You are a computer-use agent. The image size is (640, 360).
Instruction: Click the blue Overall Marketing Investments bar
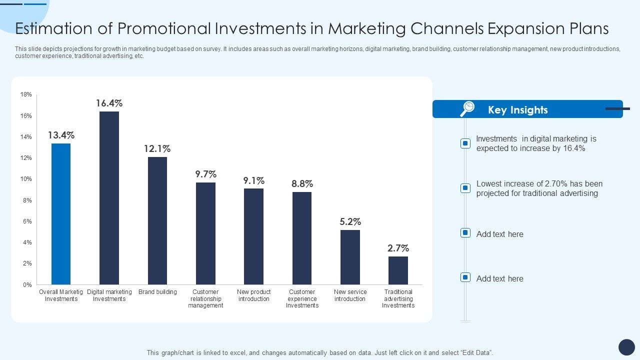tap(61, 214)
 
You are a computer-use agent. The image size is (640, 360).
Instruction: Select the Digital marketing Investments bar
tap(109, 198)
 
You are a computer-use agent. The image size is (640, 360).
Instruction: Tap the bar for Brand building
tap(157, 220)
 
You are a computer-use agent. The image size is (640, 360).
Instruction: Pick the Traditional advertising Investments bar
tap(398, 270)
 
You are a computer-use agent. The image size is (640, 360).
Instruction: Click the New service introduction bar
tap(350, 257)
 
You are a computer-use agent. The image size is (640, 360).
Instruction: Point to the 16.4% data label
tap(109, 103)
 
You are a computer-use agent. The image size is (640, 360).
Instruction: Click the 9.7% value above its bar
tap(205, 174)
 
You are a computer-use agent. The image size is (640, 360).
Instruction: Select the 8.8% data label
tap(302, 184)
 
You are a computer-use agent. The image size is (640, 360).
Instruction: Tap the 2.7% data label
tap(398, 248)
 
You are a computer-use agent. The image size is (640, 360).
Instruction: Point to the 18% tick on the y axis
tap(26, 94)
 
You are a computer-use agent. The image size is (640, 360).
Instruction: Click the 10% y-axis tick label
tap(26, 179)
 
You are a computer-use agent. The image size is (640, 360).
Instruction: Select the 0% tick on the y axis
tap(27, 285)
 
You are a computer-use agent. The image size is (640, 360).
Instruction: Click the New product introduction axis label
tap(254, 295)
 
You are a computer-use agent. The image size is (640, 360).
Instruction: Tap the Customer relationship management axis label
tap(205, 298)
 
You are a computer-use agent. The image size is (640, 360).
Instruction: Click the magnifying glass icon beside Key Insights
tap(467, 108)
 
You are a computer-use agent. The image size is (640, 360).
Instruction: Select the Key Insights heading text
tap(517, 110)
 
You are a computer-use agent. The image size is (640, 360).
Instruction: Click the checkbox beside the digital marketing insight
tap(465, 143)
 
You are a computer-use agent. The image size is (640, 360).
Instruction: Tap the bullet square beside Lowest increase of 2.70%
tap(465, 188)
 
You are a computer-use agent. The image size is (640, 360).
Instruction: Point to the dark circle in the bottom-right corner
tap(626, 347)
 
